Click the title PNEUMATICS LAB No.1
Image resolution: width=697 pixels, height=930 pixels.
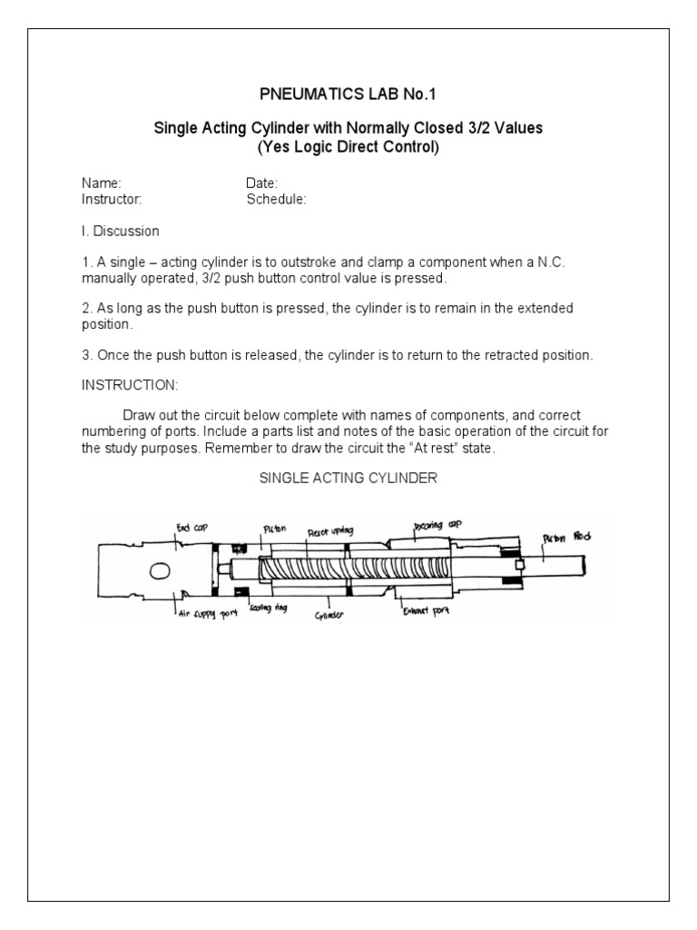click(x=348, y=94)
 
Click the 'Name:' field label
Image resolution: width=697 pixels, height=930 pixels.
click(x=101, y=183)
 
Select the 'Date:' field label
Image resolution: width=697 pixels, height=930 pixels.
click(x=261, y=183)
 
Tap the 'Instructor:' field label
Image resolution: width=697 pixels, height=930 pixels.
click(x=112, y=199)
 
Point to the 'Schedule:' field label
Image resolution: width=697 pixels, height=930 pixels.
click(x=276, y=199)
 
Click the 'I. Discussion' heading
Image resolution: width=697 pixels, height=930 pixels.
click(x=120, y=231)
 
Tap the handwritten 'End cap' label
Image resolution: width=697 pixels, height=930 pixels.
click(x=189, y=525)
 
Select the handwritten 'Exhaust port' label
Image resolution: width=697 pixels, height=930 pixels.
click(x=426, y=610)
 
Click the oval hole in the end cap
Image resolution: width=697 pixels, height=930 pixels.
click(x=160, y=570)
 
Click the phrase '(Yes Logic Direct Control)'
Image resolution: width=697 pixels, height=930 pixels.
click(x=348, y=146)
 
